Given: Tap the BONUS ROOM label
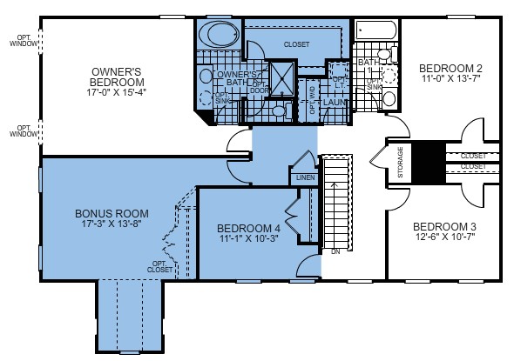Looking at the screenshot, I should point(112,213).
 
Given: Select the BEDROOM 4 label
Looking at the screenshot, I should point(248,229).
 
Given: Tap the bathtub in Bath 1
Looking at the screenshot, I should point(375,33).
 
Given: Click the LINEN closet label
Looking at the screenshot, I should point(304,177).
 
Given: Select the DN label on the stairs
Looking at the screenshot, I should point(335,252).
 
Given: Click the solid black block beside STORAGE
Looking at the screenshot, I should point(428,162).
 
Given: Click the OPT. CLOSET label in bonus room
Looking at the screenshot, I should point(160,266).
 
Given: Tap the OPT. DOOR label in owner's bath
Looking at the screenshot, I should point(259,87).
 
